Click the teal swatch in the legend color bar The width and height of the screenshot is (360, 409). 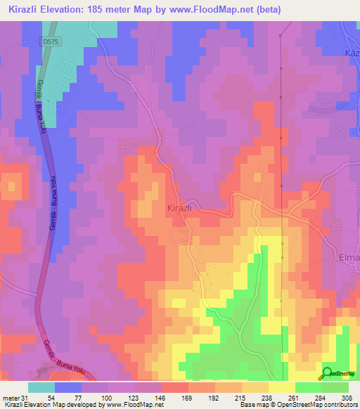[x=41, y=387]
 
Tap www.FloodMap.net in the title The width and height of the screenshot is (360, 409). [x=255, y=9]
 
